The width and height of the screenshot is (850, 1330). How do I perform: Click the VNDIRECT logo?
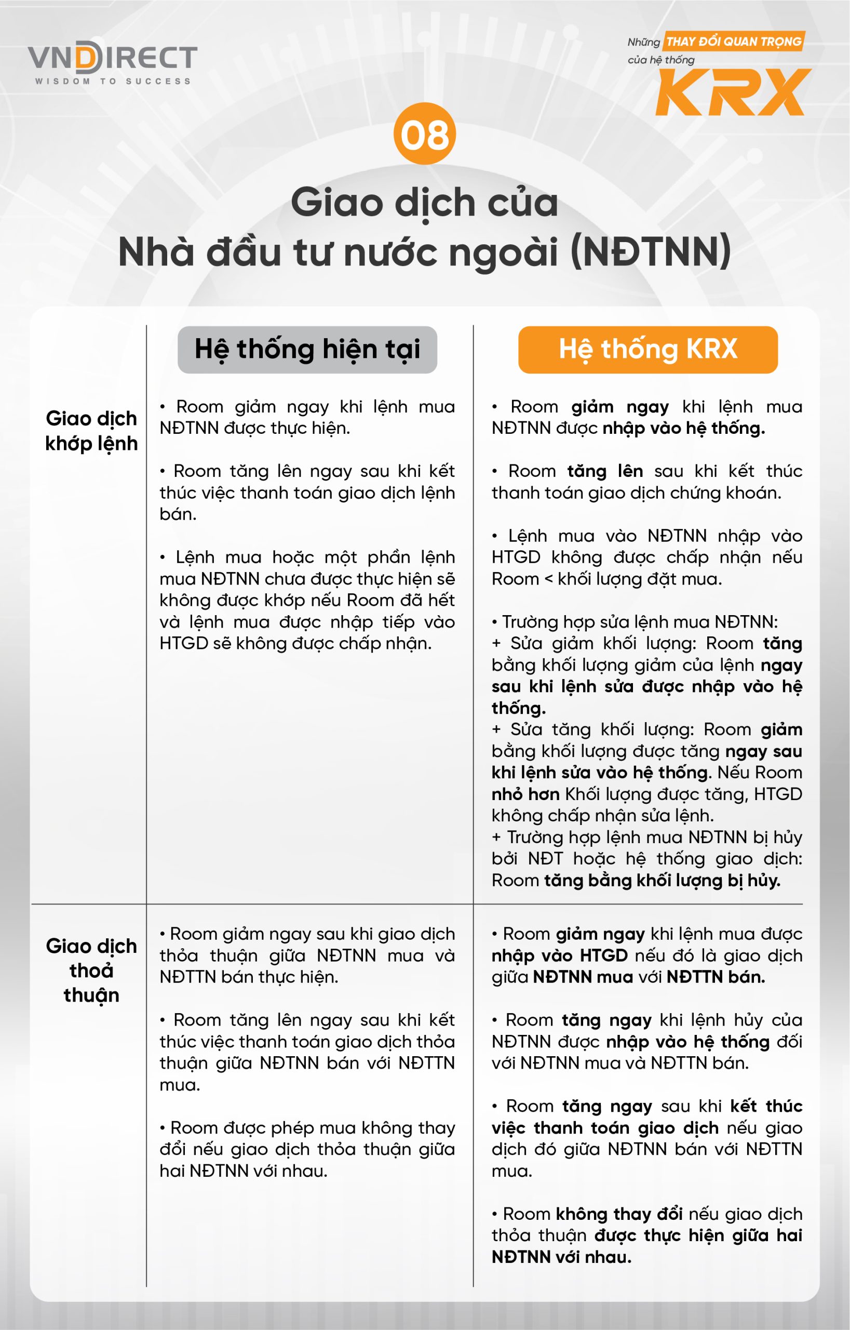pos(113,59)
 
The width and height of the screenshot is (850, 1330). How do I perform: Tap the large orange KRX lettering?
pos(733,93)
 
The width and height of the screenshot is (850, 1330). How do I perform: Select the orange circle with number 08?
pos(424,134)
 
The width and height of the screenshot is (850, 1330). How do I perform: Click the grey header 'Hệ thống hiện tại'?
pos(307,350)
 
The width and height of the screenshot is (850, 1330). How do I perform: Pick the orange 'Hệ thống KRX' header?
pos(647,350)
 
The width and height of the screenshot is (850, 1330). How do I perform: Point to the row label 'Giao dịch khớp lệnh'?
pos(91,431)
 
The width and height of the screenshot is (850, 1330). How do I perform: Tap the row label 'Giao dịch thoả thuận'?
pos(91,970)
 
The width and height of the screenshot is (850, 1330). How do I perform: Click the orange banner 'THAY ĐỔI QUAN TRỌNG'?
pos(734,42)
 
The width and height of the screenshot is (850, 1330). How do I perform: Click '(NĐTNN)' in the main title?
pos(651,252)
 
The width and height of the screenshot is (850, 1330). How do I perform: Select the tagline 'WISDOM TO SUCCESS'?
pos(113,81)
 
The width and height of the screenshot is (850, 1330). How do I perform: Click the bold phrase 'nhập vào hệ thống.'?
pos(683,428)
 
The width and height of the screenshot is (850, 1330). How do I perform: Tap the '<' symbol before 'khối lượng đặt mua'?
pos(548,579)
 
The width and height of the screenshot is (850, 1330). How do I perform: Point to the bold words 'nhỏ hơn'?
pos(525,794)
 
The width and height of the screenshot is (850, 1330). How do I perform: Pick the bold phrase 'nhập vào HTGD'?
pos(560,955)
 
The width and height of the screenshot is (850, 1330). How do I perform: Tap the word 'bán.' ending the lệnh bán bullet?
pos(178,514)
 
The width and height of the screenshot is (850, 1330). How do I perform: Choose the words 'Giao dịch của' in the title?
pos(424,202)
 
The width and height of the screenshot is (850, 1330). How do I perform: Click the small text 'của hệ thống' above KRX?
pos(660,60)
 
